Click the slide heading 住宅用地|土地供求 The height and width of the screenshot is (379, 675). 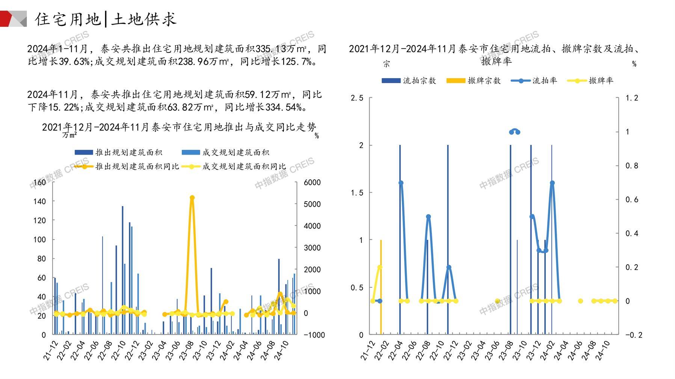coord(106,19)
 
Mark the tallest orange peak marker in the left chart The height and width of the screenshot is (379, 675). coord(192,198)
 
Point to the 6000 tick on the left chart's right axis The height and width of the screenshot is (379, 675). coord(312,182)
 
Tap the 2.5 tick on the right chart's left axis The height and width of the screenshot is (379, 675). coord(356,98)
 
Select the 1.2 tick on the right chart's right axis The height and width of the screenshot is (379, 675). coord(631,98)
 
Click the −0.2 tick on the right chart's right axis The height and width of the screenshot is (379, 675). coord(633,335)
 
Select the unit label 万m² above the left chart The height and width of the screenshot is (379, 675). coord(69,135)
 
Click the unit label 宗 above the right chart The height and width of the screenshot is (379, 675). coord(387,64)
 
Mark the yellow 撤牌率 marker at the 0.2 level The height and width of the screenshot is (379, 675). coord(380,267)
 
